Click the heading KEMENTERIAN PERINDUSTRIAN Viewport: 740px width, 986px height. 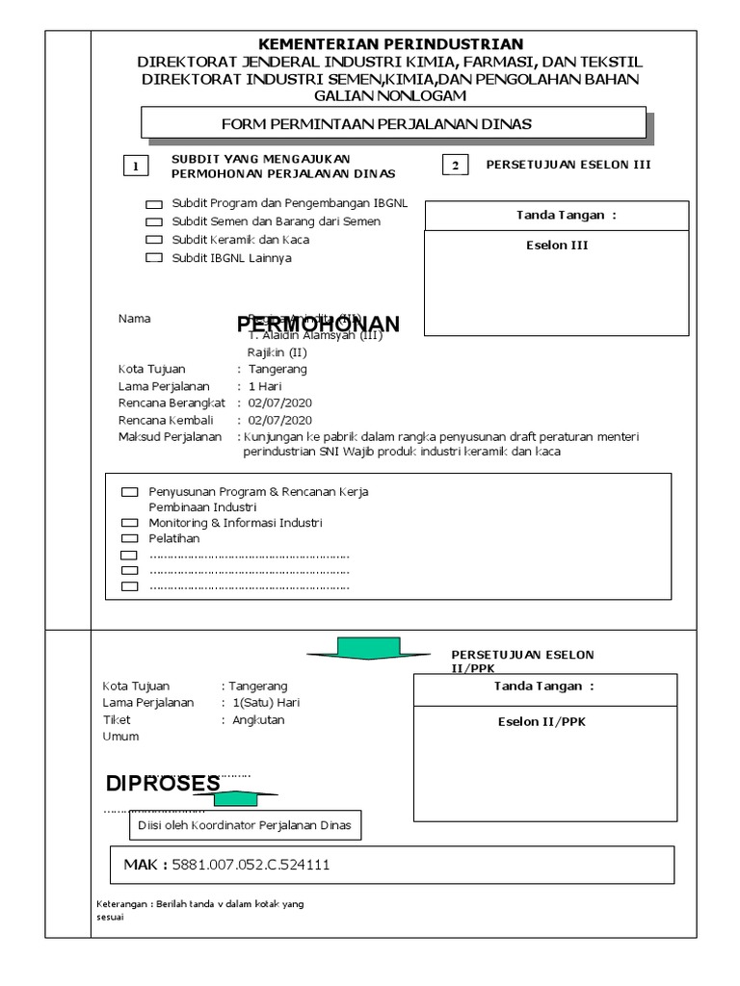[390, 44]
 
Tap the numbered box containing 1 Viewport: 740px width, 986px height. [137, 167]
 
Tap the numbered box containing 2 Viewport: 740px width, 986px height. [454, 166]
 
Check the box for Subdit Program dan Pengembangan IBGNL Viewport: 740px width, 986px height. [154, 205]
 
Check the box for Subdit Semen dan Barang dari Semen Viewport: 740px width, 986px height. [154, 222]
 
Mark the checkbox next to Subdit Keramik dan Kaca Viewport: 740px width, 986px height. [154, 240]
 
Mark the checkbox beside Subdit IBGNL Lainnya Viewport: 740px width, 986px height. [154, 258]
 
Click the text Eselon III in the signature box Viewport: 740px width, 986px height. [556, 246]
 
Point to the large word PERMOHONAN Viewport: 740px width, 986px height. [318, 324]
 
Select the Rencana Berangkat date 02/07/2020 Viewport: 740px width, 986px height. [279, 403]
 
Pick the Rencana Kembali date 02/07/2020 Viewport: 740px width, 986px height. [279, 421]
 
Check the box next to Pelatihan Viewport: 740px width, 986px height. [129, 539]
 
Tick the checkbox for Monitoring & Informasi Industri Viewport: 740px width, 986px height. [129, 523]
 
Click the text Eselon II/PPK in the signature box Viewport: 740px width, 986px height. [541, 722]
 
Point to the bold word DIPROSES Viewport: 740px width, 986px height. [163, 784]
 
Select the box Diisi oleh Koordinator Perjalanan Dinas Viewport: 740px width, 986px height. [245, 825]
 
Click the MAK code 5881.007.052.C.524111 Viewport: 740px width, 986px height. [251, 865]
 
